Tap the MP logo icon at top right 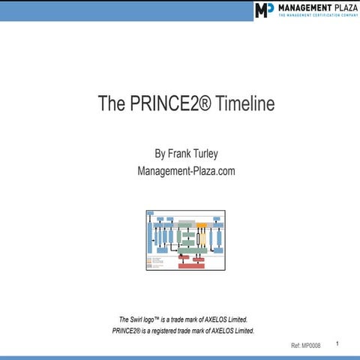click(x=264, y=10)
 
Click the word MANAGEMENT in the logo click(x=302, y=7)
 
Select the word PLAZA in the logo click(x=342, y=7)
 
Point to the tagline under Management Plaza click(x=315, y=16)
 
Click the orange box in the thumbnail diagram click(x=201, y=224)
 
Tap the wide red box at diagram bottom click(x=190, y=265)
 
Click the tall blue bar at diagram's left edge click(x=150, y=236)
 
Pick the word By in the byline click(x=158, y=154)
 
